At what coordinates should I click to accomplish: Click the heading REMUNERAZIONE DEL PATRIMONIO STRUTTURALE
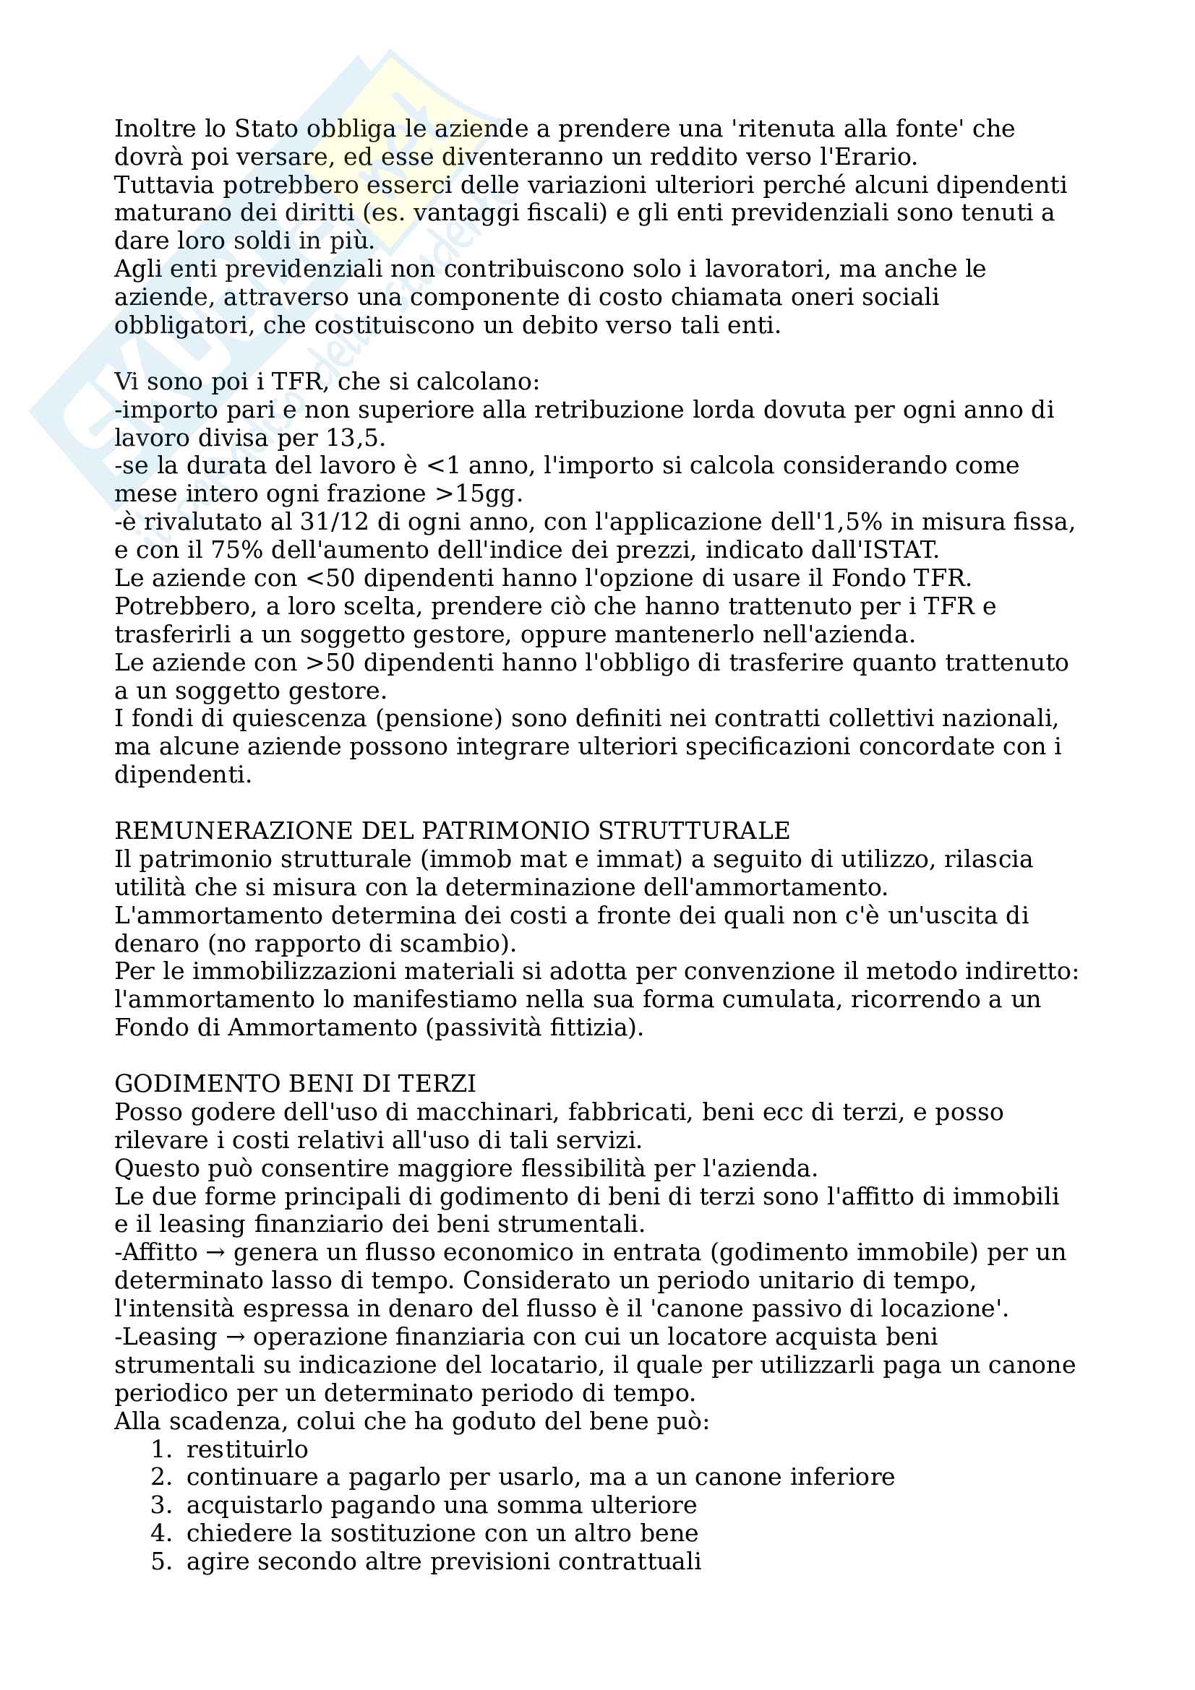pyautogui.click(x=452, y=831)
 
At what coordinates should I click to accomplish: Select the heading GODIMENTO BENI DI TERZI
pyautogui.click(x=295, y=1084)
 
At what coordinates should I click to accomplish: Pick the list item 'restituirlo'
pyautogui.click(x=247, y=1449)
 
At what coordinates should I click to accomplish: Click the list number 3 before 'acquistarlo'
pyautogui.click(x=160, y=1505)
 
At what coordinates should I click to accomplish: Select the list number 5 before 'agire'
pyautogui.click(x=160, y=1561)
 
